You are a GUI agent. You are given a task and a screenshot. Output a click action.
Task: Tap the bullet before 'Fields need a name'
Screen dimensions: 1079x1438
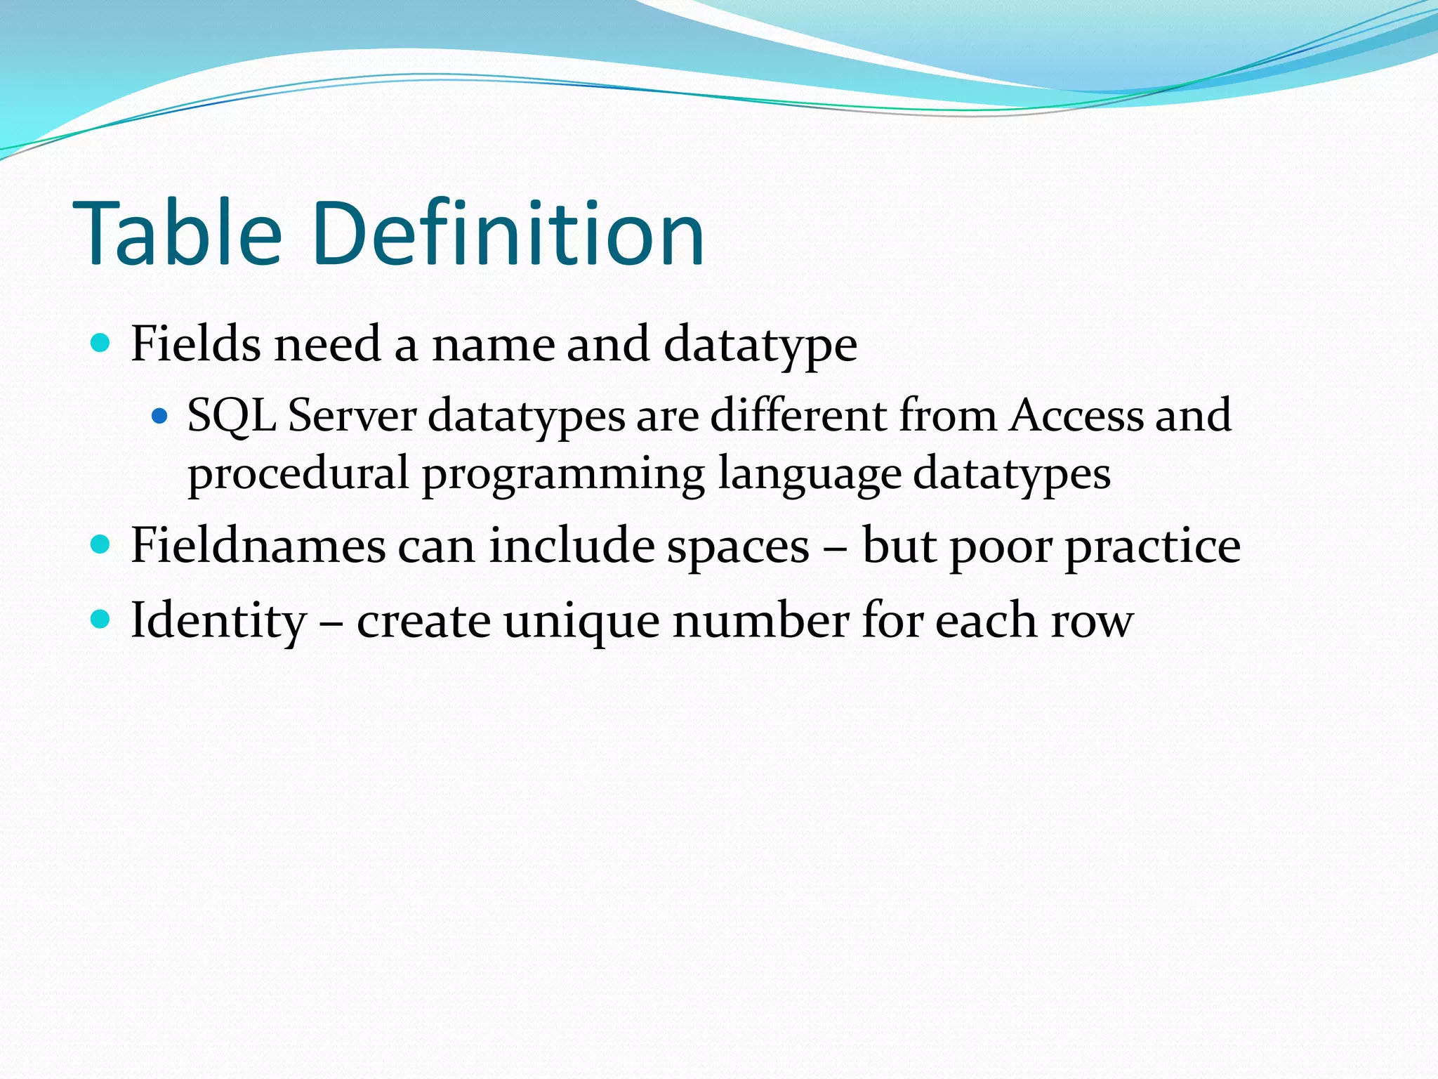pos(101,343)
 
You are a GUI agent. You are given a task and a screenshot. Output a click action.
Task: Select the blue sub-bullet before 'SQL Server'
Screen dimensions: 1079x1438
pos(160,416)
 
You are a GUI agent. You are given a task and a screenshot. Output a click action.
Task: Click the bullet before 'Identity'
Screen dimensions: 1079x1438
pos(101,619)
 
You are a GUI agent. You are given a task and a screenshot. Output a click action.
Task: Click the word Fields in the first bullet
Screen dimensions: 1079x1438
pos(195,344)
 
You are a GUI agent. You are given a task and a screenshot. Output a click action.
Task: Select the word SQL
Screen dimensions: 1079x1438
pos(232,417)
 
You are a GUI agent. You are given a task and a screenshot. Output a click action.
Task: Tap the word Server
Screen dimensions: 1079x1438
pos(352,417)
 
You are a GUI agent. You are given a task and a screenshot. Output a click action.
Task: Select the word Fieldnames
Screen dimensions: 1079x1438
pos(258,546)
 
